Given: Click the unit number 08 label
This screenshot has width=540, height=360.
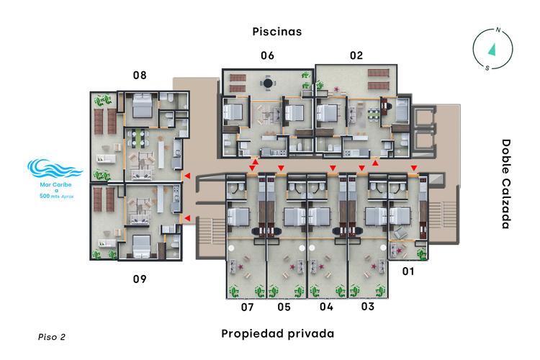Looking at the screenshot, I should [x=140, y=75].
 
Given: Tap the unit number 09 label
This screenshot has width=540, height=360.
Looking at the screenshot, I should [x=140, y=278].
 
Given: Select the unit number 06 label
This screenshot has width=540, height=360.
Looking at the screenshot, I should [x=268, y=55].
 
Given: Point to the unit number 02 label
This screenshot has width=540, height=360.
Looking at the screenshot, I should [x=356, y=55].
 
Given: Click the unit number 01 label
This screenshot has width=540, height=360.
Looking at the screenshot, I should [x=408, y=271].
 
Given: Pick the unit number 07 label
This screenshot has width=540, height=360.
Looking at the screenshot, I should [x=248, y=307].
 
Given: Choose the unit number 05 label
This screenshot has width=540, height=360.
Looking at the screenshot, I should [x=284, y=307].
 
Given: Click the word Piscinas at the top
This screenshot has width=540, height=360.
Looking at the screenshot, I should [x=276, y=32].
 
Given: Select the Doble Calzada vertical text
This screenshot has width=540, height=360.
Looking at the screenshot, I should [x=505, y=184].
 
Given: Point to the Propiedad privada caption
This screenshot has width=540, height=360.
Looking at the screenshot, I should [x=277, y=334].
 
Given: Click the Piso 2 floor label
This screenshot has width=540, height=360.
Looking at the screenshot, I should [x=52, y=336].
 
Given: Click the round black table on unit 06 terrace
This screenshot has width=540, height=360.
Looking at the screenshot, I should [x=268, y=84].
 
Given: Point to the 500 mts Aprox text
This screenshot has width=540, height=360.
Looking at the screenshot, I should [x=54, y=195].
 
